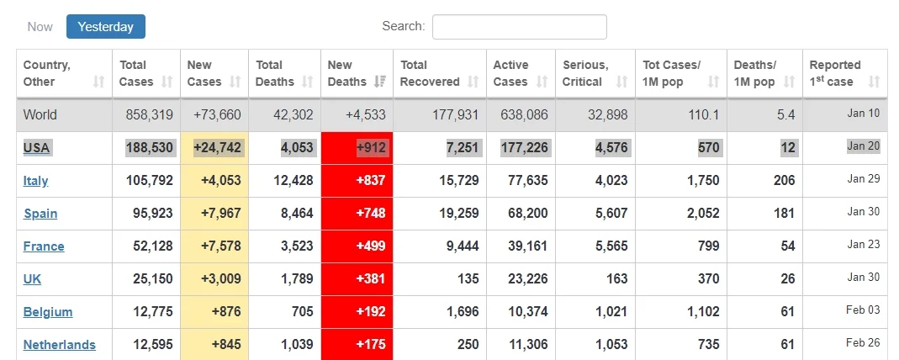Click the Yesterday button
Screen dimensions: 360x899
(106, 26)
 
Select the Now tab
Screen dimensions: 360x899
(40, 26)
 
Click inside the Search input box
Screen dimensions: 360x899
(519, 26)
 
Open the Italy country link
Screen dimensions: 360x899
(35, 181)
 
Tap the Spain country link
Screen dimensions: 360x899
(40, 214)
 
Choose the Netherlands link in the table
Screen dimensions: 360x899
(59, 345)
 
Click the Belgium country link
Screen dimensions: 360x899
(48, 312)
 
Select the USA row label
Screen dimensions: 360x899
(37, 148)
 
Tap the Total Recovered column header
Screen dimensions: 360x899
(430, 73)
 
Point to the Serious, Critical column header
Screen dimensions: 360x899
(585, 73)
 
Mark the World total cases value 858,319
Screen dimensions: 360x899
(149, 114)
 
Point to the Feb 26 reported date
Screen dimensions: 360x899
(863, 343)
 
